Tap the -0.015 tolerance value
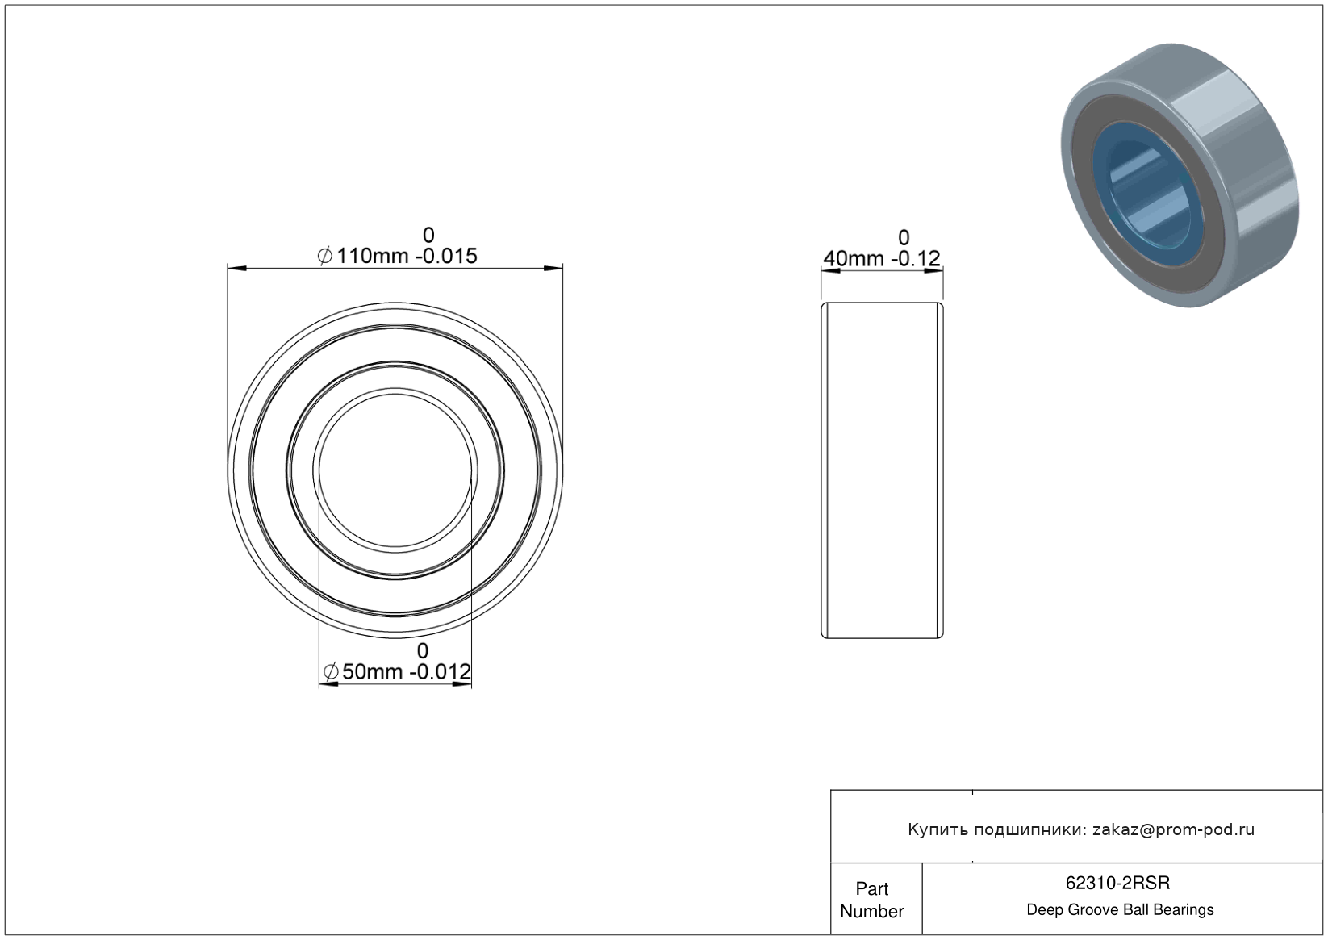[x=446, y=257]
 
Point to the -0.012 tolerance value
[x=441, y=672]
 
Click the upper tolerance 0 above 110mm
[x=428, y=236]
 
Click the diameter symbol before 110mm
[x=325, y=257]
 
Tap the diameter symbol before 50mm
[x=331, y=672]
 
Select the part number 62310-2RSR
[x=1117, y=883]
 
